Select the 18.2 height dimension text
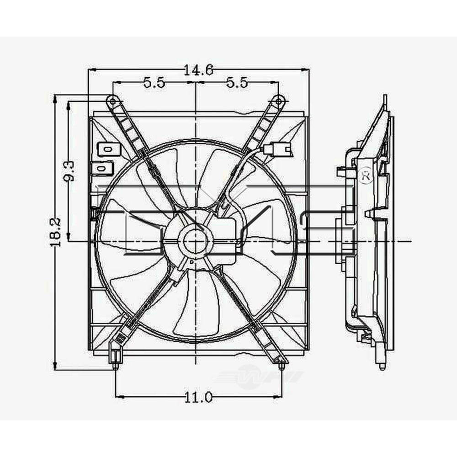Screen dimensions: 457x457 point(55,232)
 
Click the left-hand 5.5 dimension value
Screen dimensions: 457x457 point(154,83)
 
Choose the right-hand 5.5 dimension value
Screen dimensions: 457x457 point(237,83)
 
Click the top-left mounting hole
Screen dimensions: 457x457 point(111,99)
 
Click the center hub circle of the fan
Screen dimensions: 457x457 point(196,240)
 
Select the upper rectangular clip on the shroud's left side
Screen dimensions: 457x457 point(106,149)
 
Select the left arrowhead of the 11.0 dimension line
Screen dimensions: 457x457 point(118,397)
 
